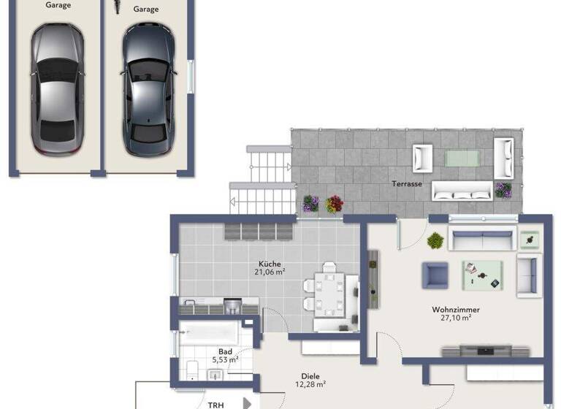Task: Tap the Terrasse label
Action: point(407,184)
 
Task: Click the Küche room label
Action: point(270,264)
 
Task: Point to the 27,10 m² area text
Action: point(455,318)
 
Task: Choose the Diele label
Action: point(310,375)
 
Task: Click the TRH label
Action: point(216,405)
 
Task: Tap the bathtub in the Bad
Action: point(210,334)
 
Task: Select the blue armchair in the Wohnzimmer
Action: point(435,275)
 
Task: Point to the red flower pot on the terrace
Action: point(334,204)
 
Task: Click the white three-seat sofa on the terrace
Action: point(462,191)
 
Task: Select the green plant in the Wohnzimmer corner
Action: point(435,240)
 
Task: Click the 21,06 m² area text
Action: point(270,272)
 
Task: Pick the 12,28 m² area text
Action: point(310,384)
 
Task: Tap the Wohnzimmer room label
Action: point(455,309)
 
